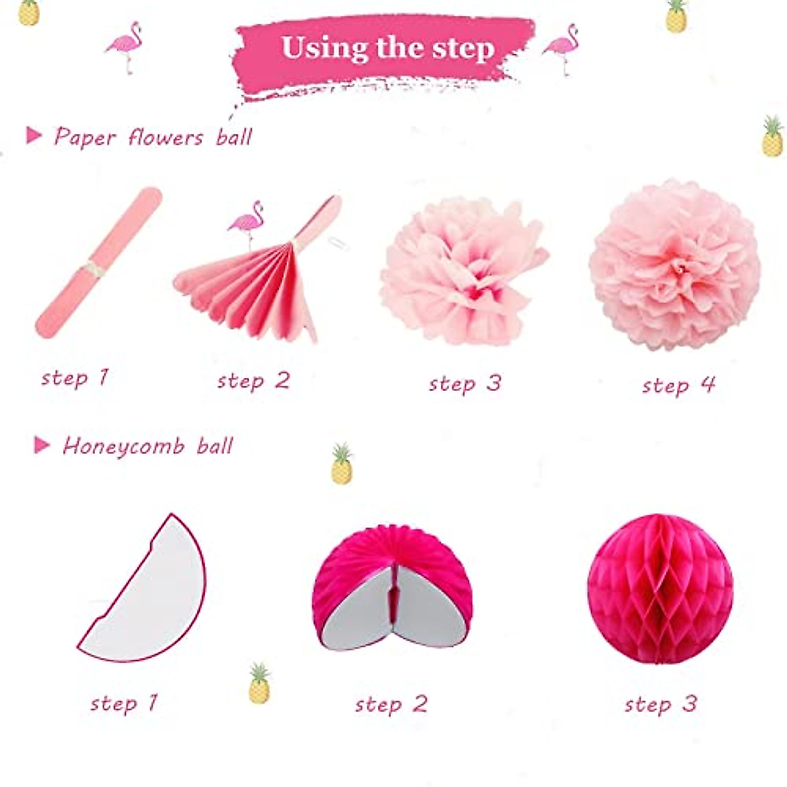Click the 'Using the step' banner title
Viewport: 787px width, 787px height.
(x=388, y=48)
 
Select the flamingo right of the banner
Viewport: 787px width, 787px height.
(x=562, y=48)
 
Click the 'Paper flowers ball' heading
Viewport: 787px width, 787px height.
(x=153, y=137)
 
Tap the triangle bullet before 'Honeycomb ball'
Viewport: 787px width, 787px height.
(x=42, y=446)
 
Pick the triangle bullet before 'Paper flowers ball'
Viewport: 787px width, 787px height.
(x=33, y=136)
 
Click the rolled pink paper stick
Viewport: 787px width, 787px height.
(x=98, y=262)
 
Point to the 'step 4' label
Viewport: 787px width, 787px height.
(x=678, y=385)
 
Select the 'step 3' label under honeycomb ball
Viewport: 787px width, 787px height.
(x=660, y=704)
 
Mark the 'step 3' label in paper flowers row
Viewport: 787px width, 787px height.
(x=464, y=384)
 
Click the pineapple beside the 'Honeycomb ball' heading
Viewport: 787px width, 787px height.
(x=342, y=464)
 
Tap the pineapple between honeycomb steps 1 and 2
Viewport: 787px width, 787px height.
(x=259, y=683)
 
